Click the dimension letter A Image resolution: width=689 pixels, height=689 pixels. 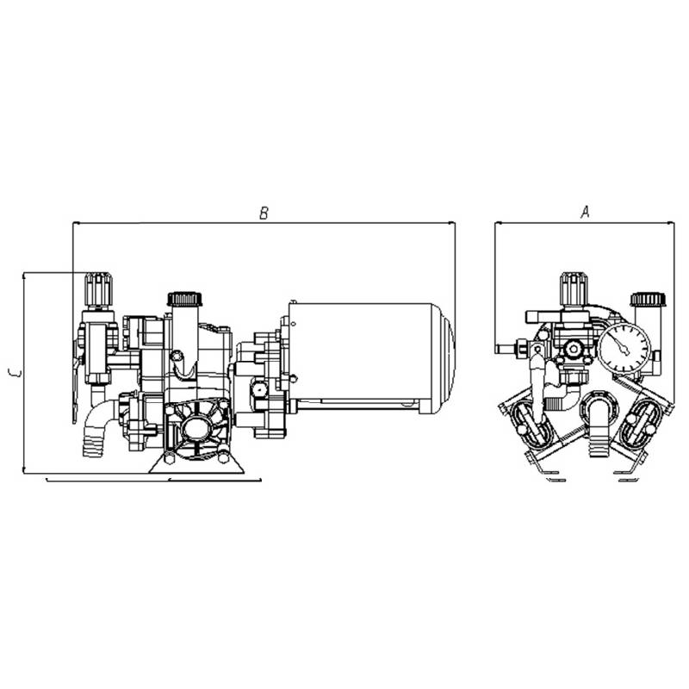coord(585,213)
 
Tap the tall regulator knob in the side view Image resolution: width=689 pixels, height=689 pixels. coord(96,288)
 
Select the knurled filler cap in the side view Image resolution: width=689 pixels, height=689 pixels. coord(184,299)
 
